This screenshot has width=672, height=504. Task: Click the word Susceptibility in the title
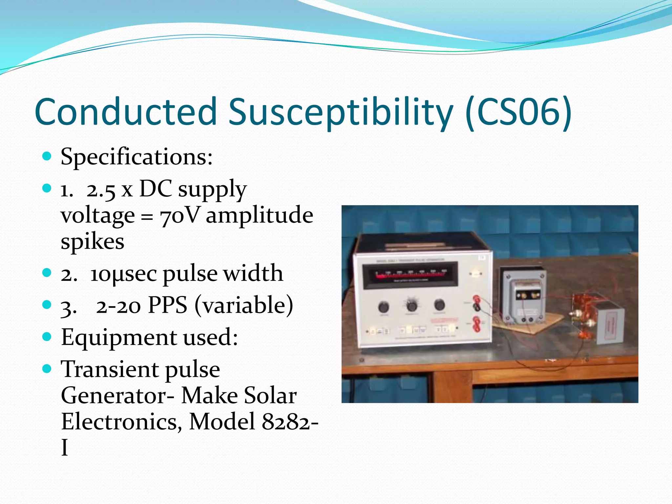tap(341, 112)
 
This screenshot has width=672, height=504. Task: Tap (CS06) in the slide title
tap(519, 112)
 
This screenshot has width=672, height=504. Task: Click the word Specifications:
tap(136, 157)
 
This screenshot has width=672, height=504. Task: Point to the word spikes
tap(93, 242)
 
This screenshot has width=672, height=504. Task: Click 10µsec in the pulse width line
tap(124, 274)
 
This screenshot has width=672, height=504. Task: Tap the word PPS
tap(167, 305)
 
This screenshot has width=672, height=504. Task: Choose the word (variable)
tap(244, 305)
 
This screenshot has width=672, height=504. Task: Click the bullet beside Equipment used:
tap(47, 337)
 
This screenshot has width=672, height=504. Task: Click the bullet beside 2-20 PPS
tap(47, 305)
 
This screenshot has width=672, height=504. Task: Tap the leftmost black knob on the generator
tap(383, 307)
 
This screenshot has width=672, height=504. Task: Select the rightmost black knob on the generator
tap(439, 305)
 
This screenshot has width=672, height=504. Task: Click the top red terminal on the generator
tap(476, 299)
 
